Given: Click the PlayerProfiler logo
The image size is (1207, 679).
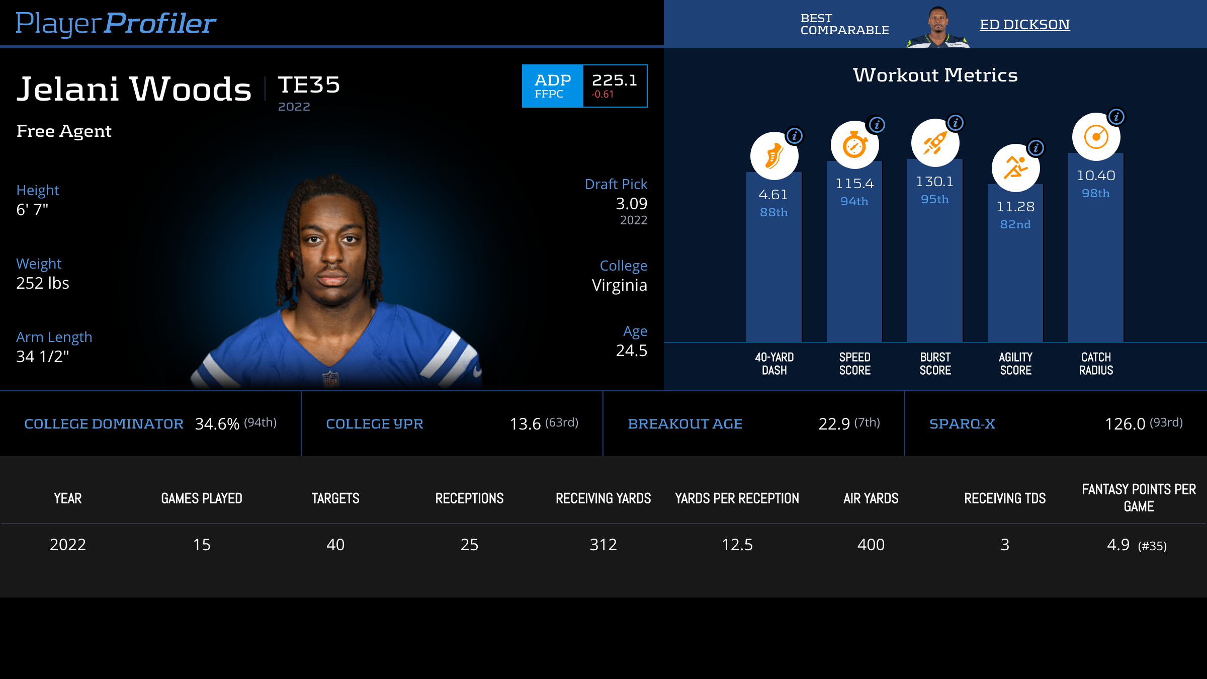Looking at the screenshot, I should click(116, 23).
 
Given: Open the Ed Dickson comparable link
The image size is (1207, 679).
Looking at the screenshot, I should click(1024, 24).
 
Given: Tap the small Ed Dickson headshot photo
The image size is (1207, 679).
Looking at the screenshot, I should click(937, 27).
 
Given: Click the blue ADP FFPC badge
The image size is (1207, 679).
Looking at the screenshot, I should click(552, 86).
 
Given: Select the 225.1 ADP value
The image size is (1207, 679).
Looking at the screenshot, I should click(614, 80).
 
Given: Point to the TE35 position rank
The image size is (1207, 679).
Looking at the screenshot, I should click(309, 84).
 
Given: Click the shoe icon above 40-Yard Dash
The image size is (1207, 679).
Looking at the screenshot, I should click(774, 156).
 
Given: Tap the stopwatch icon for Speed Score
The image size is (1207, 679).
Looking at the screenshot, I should click(854, 145).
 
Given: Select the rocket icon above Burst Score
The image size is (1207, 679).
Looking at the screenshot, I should click(935, 143).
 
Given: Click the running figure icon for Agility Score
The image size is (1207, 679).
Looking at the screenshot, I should click(1015, 168).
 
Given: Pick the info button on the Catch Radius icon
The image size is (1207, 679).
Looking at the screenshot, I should click(1116, 117).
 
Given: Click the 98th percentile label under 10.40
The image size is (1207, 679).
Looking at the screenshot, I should click(1096, 194).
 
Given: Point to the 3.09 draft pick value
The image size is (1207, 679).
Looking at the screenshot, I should click(631, 204).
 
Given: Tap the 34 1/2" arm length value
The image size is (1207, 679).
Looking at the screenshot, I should click(43, 357).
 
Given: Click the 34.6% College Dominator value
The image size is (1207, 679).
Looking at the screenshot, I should click(217, 424).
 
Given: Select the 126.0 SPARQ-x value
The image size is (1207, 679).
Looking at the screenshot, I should click(1125, 424).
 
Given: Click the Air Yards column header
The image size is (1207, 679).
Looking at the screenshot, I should click(871, 498).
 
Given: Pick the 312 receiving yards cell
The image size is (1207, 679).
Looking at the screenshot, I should click(603, 545).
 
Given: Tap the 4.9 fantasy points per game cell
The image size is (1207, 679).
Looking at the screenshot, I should click(1118, 545).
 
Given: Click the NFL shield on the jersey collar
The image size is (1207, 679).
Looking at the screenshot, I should click(330, 379).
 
